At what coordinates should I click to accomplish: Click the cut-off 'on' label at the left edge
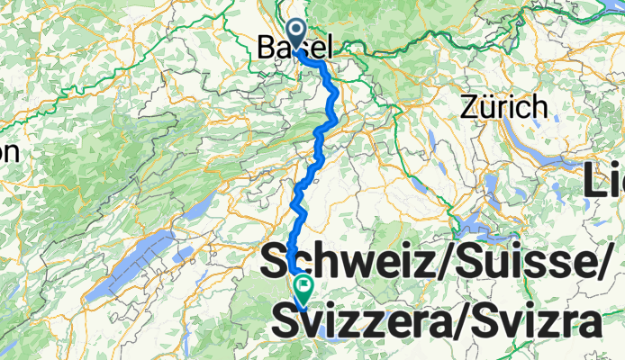click(x=9, y=152)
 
